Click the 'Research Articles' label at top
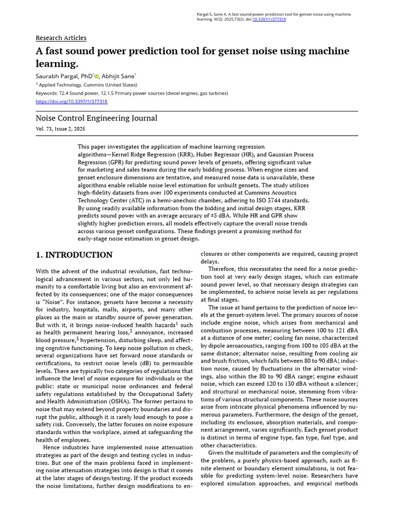tap(61, 38)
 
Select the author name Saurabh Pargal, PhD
tap(64, 76)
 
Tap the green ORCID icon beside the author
tap(96, 77)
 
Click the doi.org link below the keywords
tap(71, 102)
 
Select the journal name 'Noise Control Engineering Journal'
tap(96, 118)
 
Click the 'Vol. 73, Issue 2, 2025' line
tap(61, 129)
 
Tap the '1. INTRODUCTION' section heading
tap(74, 255)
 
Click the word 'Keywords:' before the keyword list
tap(47, 93)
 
